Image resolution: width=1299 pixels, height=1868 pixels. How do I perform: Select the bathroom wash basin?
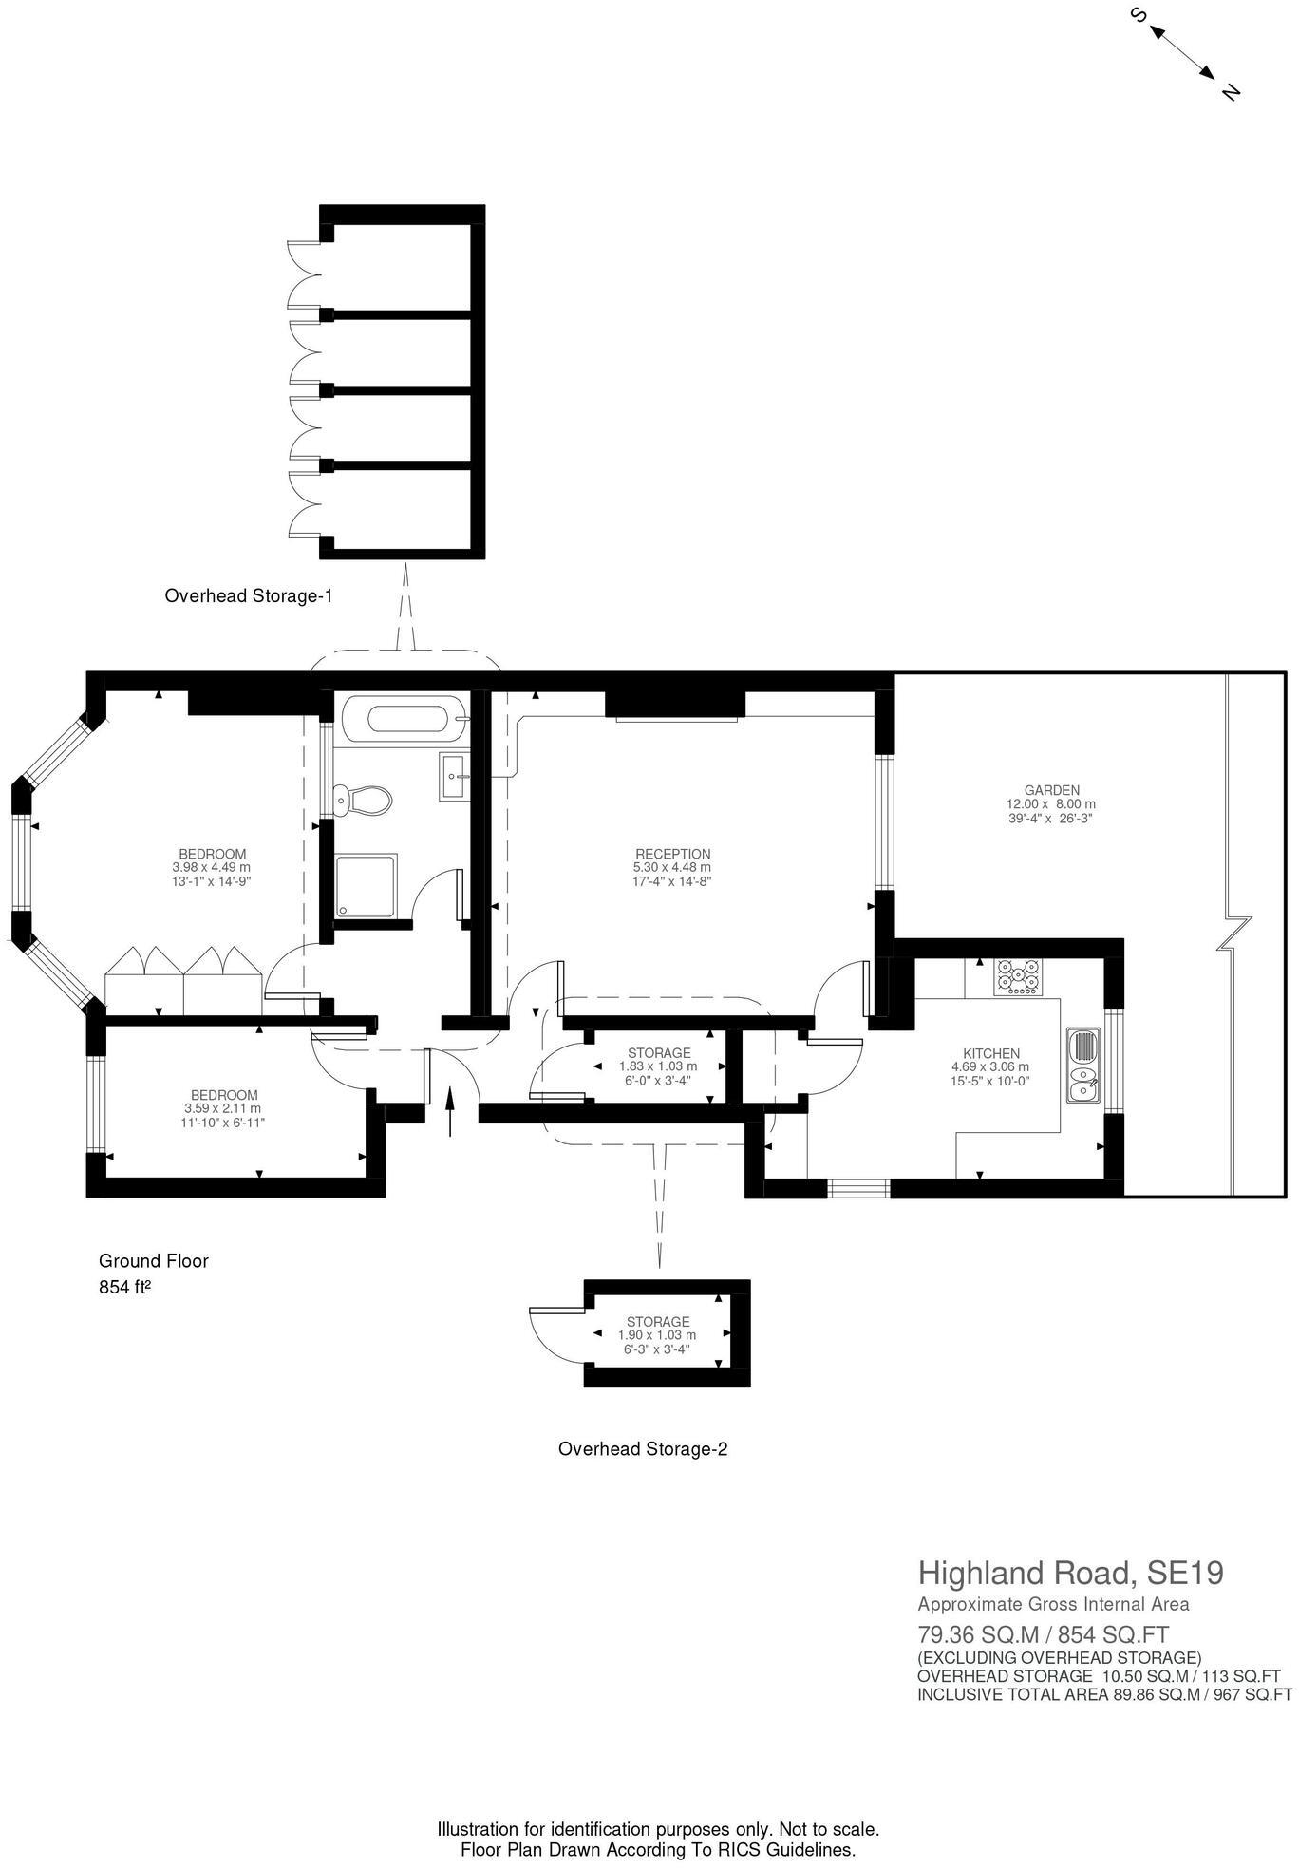pyautogui.click(x=455, y=776)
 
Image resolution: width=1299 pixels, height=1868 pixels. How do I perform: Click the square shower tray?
pyautogui.click(x=366, y=886)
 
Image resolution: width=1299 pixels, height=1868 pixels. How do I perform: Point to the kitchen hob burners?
pyautogui.click(x=1017, y=976)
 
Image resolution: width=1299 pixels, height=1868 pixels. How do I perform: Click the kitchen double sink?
pyautogui.click(x=1082, y=1064)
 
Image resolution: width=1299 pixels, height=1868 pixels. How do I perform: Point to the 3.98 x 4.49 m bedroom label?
pyautogui.click(x=212, y=867)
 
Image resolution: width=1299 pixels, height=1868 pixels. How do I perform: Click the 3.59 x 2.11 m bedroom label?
pyautogui.click(x=223, y=1108)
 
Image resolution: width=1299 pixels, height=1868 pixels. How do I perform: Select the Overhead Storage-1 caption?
pyautogui.click(x=249, y=596)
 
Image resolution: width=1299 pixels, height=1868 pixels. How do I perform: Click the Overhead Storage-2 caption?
pyautogui.click(x=643, y=1449)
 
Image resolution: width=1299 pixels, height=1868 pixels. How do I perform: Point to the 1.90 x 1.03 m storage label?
pyautogui.click(x=657, y=1335)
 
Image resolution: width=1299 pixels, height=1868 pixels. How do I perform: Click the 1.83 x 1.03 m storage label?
pyautogui.click(x=658, y=1066)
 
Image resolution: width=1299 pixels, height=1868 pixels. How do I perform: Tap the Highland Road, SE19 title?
pyautogui.click(x=1070, y=1574)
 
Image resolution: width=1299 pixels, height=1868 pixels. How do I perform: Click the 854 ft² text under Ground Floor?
pyautogui.click(x=125, y=1289)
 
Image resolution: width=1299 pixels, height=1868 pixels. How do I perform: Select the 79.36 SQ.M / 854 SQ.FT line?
pyautogui.click(x=1043, y=1635)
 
